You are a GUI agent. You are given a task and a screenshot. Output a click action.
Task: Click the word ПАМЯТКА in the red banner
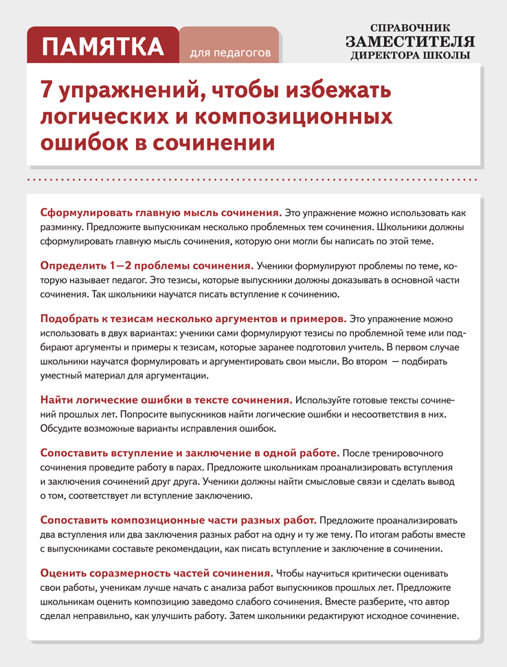103,47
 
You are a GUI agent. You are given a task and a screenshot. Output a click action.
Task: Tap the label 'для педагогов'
229,52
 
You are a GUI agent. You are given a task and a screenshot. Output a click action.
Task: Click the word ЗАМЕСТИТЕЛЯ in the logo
410,41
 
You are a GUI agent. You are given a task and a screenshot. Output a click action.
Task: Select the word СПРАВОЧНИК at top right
410,26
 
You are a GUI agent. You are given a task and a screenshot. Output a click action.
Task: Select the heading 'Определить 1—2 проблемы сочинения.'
147,265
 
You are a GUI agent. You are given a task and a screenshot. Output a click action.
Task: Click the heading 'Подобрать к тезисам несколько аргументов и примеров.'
193,319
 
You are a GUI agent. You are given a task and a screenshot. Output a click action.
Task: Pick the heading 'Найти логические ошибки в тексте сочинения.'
166,399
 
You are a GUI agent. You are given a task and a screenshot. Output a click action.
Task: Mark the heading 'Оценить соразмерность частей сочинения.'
157,573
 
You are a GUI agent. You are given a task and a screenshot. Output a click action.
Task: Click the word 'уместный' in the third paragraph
64,376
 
